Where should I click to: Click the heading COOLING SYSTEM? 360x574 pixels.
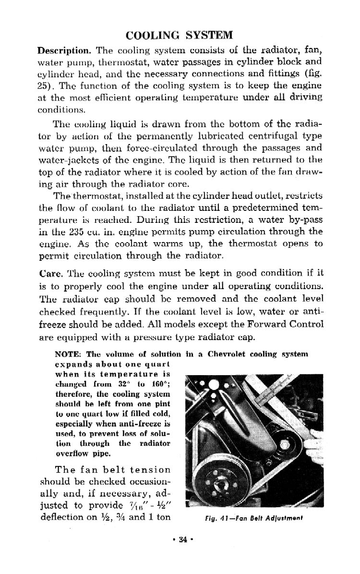[179, 35]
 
